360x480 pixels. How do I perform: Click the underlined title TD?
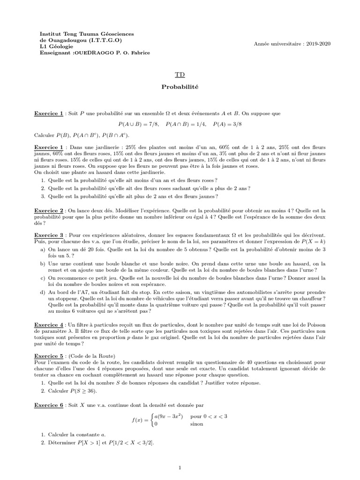180,75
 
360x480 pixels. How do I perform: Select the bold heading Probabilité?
180,87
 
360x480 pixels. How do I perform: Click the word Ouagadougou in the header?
63,40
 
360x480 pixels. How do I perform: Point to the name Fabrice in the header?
140,52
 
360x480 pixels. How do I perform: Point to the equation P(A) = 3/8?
228,124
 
